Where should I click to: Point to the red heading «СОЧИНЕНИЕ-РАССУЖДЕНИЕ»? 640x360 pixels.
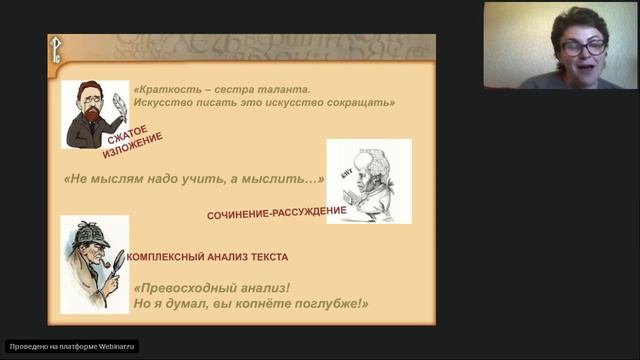click(276, 212)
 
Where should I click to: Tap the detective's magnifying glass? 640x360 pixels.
click(116, 259)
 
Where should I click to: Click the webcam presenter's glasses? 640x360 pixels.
click(584, 46)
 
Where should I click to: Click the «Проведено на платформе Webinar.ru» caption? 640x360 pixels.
click(72, 346)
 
